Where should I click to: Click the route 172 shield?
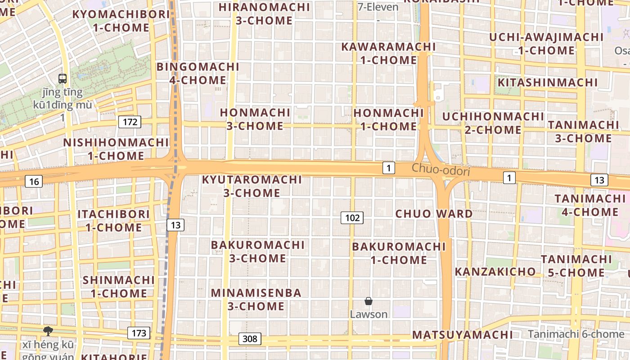130,121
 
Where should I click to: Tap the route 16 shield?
34,181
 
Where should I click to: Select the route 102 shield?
352,218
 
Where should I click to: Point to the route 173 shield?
139,333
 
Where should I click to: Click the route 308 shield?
250,338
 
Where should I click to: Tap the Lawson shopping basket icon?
369,301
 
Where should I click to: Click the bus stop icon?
63,79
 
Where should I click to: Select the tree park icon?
48,332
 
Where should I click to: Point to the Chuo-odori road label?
441,171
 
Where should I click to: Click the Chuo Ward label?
434,213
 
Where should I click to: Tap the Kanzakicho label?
495,271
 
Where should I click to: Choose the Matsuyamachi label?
463,335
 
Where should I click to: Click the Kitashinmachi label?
547,82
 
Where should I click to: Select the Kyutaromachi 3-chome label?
252,186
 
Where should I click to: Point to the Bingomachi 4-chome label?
198,73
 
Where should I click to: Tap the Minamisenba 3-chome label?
256,299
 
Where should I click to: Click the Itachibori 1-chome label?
113,220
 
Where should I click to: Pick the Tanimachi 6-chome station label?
576,334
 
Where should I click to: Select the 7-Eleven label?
378,7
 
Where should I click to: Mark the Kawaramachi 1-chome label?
388,53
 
